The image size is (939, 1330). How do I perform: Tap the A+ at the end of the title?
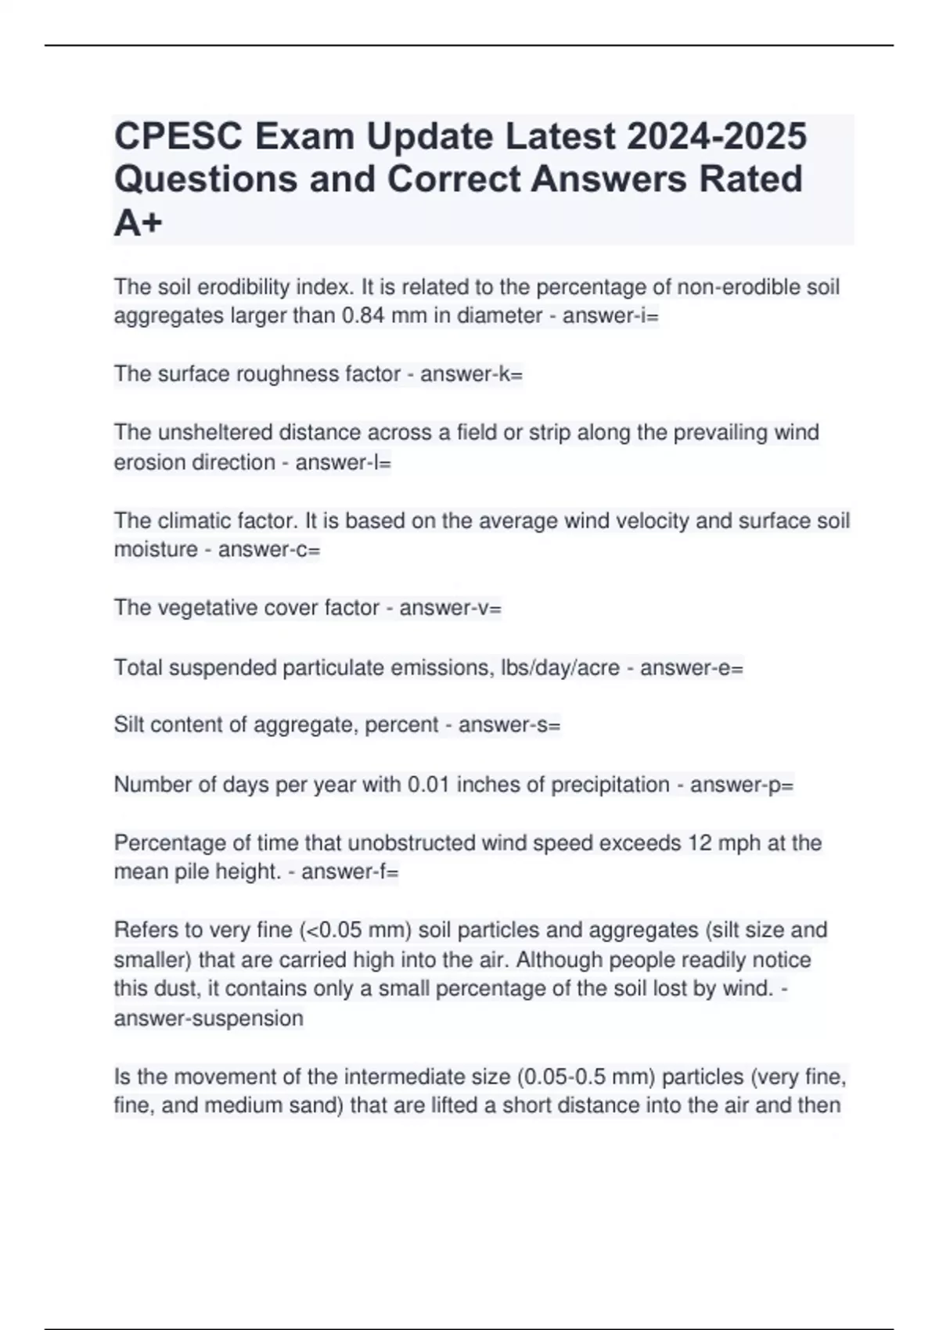pos(139,224)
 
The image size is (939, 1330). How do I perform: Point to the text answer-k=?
pos(471,375)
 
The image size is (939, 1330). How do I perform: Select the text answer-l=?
pos(343,462)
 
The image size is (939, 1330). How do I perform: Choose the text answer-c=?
pos(269,550)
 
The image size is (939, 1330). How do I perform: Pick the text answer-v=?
pos(450,608)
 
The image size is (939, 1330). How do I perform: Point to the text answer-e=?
pos(692,668)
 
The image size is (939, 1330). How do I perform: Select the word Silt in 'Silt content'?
pos(129,725)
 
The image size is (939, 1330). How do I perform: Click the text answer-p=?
pos(742,785)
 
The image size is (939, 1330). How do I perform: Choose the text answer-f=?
pos(350,872)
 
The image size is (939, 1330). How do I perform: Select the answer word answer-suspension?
pos(208,1019)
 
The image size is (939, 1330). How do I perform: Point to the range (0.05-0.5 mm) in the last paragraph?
pos(586,1077)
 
